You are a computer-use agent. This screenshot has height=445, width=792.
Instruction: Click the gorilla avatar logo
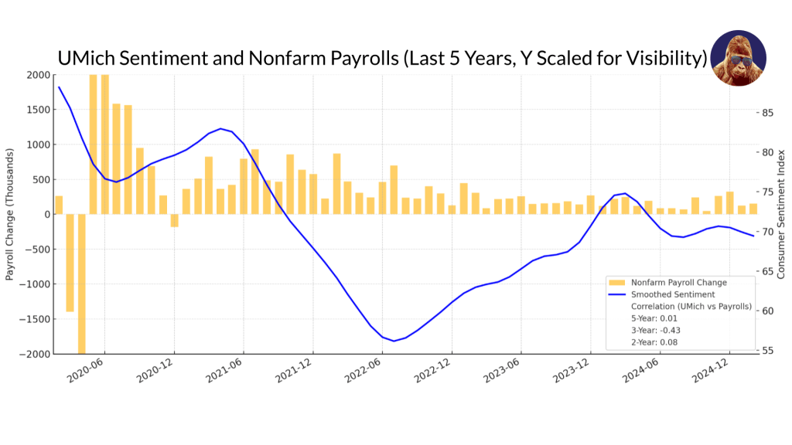[738, 58]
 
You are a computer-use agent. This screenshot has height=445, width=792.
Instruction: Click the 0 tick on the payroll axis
[44, 214]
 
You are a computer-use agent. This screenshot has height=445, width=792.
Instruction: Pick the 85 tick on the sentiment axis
[767, 113]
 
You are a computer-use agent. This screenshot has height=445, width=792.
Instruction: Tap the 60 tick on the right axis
[767, 311]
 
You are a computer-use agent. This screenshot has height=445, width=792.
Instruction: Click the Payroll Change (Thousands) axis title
[10, 214]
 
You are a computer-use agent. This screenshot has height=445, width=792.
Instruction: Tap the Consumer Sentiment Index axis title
[781, 214]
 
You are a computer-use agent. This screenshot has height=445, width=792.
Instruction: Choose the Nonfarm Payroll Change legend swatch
[616, 283]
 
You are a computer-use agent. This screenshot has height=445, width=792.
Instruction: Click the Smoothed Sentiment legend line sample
[616, 294]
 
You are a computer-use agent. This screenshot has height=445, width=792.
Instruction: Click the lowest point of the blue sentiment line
[394, 341]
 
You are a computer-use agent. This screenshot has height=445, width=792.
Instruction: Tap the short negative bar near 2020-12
[174, 220]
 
